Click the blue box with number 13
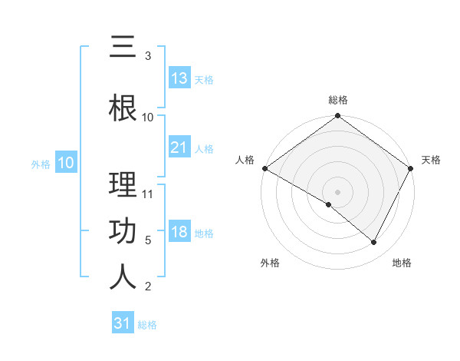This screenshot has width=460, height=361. [x=179, y=78]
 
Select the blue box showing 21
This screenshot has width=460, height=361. [x=179, y=147]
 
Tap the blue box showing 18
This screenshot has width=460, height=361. [x=179, y=232]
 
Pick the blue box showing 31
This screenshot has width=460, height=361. [x=123, y=323]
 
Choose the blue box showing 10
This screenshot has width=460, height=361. [x=65, y=163]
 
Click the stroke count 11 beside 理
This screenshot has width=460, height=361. [x=148, y=194]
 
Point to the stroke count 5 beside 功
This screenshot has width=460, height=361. [x=148, y=240]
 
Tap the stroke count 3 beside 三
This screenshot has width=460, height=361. [x=148, y=56]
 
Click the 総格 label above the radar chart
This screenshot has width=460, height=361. [x=338, y=100]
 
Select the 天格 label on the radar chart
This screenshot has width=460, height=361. [x=431, y=160]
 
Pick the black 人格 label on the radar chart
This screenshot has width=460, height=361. [x=245, y=160]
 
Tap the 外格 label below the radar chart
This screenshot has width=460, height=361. [x=270, y=263]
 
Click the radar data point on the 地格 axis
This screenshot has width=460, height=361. [x=374, y=242]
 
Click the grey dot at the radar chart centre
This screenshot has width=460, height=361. [x=338, y=191]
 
